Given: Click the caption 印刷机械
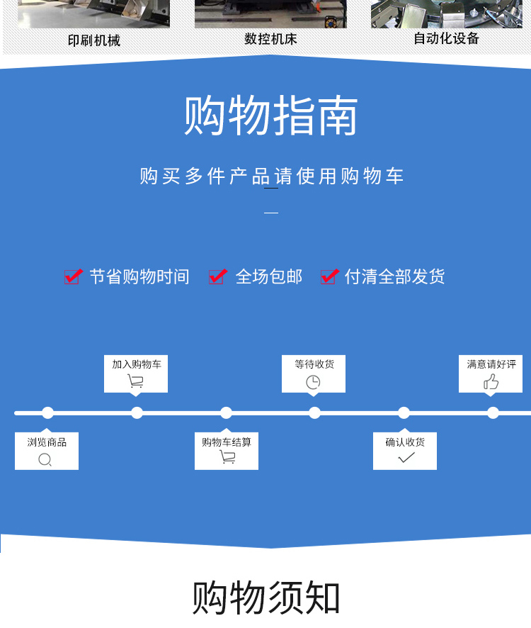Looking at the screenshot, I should pos(94,40).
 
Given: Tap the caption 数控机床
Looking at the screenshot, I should pos(270,39).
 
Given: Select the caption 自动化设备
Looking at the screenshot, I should pos(446,38).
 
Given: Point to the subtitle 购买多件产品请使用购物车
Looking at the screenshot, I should pos(271,176).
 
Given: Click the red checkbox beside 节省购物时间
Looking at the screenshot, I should pos(73,276).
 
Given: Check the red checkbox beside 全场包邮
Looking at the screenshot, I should pos(217,276).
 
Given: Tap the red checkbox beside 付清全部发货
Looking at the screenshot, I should pos(329,276).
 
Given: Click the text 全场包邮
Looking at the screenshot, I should pos(269,276).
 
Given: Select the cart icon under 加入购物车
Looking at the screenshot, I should pos(135,381).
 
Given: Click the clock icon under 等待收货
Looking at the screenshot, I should pos(313,382).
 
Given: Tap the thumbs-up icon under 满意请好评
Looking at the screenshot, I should pos(491,382).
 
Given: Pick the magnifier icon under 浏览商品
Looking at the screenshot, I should pos(45,459).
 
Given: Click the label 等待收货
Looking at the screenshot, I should pos(314,364).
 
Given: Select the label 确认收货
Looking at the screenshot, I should pos(405,442).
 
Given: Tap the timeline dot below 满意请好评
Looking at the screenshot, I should pos(493,413).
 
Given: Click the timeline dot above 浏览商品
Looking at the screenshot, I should pos(47,413).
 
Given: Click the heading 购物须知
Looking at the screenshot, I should pos(266,598).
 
